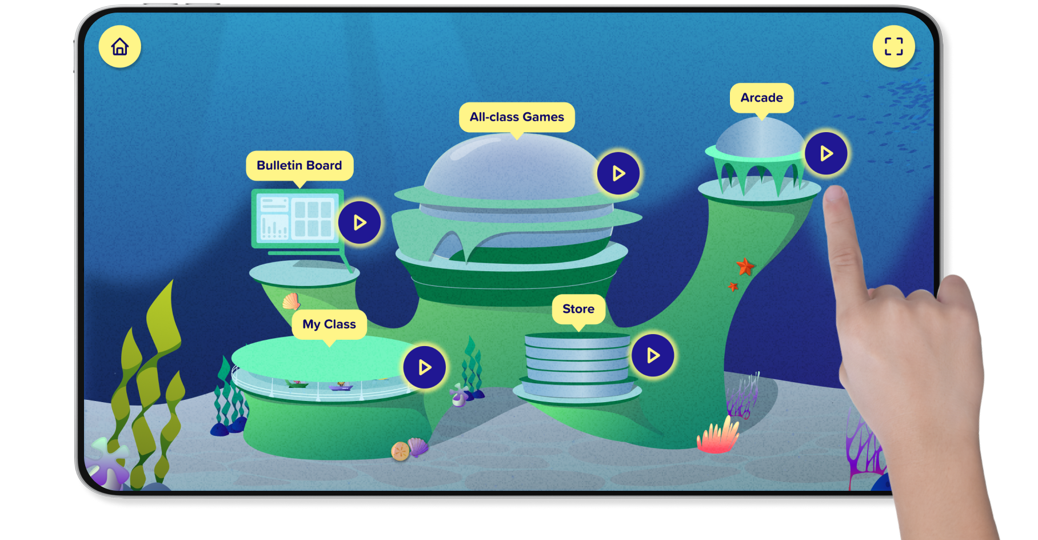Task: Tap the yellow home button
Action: point(120,46)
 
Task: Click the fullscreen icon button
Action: point(893,46)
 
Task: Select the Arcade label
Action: point(761,98)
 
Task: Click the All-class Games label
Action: point(517,117)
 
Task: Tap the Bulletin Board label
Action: point(300,165)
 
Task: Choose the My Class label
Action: point(329,324)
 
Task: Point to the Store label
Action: point(578,309)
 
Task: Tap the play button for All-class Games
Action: point(618,173)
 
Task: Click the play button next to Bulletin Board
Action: point(360,223)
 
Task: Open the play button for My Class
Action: point(425,367)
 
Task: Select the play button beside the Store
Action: point(653,356)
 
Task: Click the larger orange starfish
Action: point(745,266)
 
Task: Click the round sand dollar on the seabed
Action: point(400,451)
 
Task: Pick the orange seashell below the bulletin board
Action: point(292,301)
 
